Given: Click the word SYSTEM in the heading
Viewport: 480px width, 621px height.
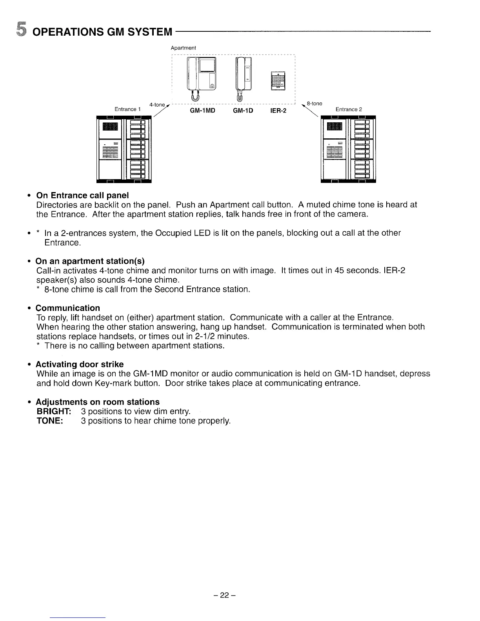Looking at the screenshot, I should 149,31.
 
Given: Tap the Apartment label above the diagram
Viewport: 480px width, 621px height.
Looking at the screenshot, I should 183,48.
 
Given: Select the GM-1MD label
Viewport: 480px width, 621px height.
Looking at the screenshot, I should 202,111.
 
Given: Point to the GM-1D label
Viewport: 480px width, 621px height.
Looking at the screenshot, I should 243,111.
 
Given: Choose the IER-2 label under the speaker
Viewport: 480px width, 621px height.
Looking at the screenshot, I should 278,111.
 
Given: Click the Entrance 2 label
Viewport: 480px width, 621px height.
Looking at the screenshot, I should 349,109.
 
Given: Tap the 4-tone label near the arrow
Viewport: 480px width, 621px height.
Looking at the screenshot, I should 157,105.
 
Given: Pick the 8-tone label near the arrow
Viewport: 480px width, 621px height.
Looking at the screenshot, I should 315,103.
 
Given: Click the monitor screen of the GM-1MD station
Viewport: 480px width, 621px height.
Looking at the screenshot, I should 207,65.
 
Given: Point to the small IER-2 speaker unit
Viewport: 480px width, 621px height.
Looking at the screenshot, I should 279,81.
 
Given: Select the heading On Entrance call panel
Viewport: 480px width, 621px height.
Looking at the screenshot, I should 82,195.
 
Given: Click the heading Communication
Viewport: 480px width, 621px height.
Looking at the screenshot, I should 68,308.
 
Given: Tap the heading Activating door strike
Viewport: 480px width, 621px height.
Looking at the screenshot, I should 80,364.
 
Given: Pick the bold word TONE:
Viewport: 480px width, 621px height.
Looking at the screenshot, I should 50,421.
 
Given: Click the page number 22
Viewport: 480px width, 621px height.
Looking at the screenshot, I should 224,595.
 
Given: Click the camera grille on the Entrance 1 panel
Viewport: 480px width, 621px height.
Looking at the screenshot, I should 110,126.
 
